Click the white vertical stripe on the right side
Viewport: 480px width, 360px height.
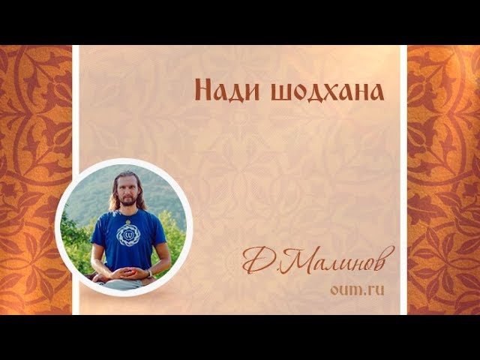[403, 180]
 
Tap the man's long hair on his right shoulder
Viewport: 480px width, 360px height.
[115, 202]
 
